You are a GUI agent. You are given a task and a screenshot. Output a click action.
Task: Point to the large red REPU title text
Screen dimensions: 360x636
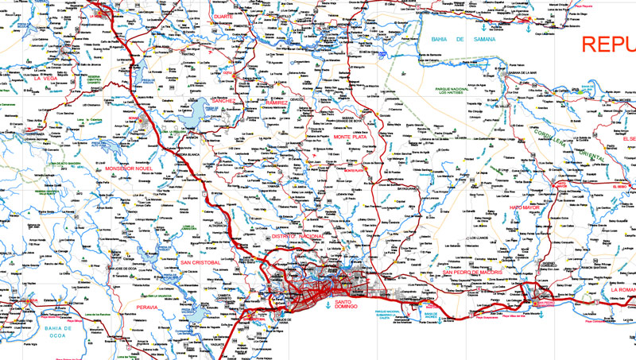coord(608,44)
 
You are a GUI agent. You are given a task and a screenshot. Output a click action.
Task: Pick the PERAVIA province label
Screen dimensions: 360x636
coord(147,306)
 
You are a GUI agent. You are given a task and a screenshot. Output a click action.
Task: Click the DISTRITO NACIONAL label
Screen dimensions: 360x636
coord(299,237)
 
